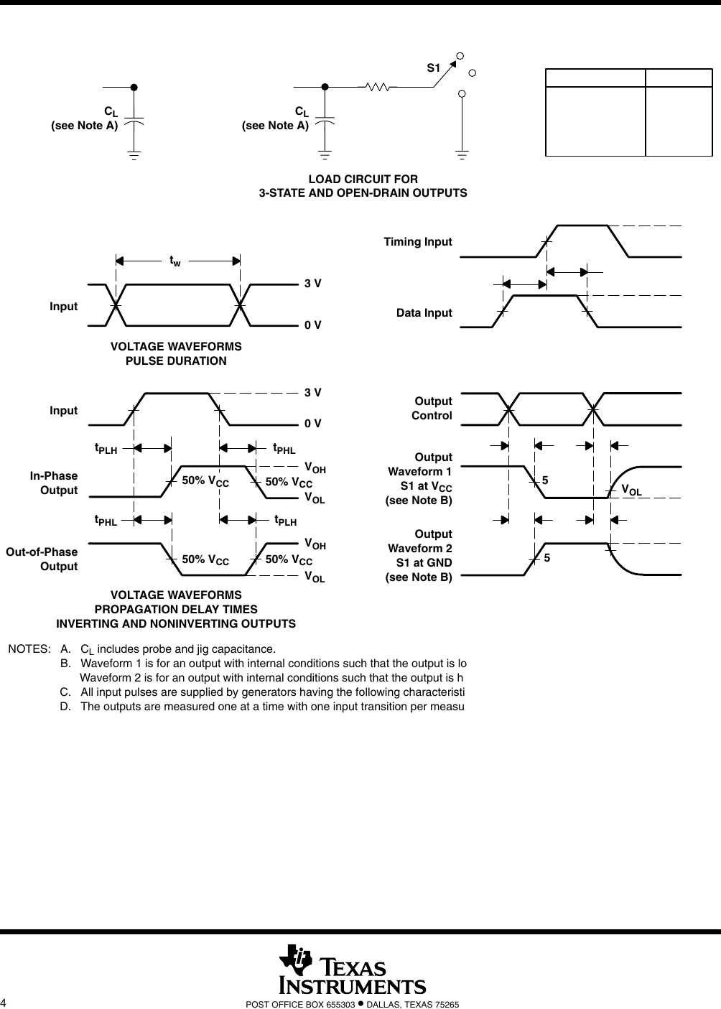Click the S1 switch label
click(432, 68)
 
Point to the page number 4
click(4, 1003)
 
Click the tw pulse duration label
click(175, 261)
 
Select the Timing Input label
click(418, 241)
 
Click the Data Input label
click(424, 312)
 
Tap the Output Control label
click(432, 408)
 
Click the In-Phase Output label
click(54, 483)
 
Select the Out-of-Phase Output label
click(42, 559)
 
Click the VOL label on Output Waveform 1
click(631, 490)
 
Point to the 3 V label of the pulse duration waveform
click(312, 284)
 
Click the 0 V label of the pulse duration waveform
click(312, 325)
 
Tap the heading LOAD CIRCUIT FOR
click(363, 178)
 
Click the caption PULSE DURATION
click(176, 361)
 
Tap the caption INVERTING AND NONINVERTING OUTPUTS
click(176, 623)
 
